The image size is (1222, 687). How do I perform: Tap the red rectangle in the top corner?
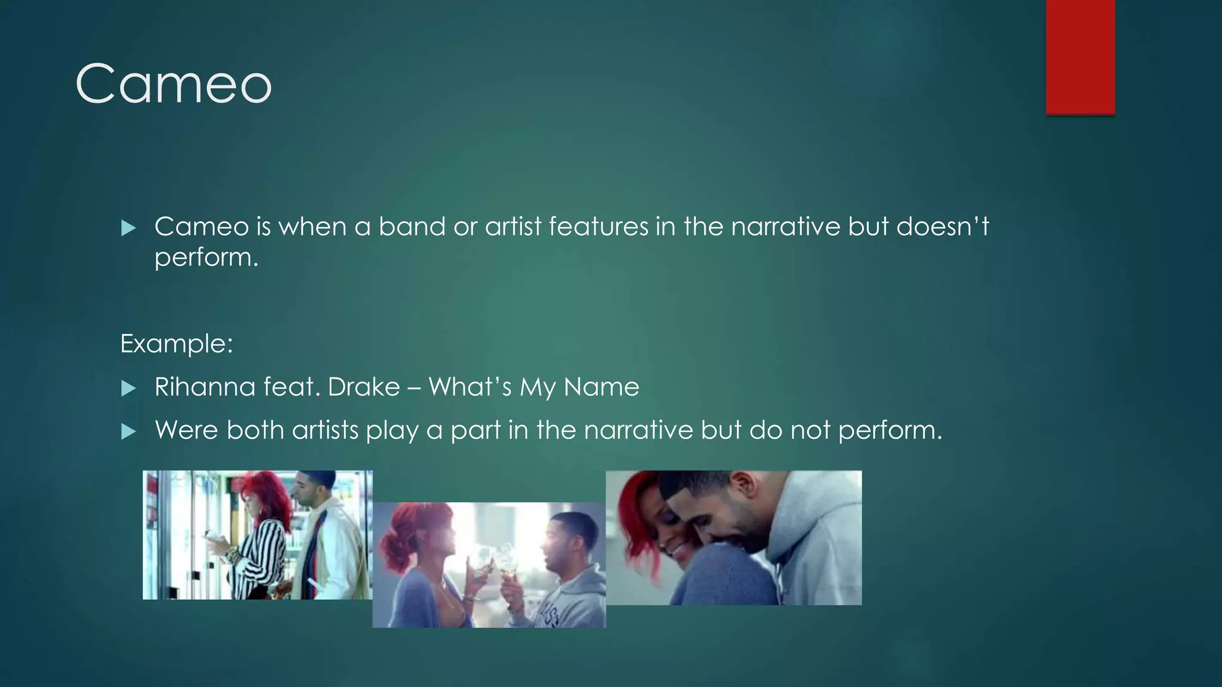pyautogui.click(x=1080, y=57)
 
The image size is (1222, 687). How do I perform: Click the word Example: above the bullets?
pyautogui.click(x=176, y=344)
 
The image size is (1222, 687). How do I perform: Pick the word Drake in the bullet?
pyautogui.click(x=363, y=387)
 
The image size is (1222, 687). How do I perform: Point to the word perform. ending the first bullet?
pyautogui.click(x=206, y=258)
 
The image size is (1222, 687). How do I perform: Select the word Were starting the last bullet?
pyautogui.click(x=186, y=430)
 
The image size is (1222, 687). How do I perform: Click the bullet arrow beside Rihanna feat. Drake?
pyautogui.click(x=128, y=389)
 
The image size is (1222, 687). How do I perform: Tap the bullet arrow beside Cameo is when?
pyautogui.click(x=128, y=228)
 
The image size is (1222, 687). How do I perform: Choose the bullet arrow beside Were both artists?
pyautogui.click(x=128, y=432)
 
